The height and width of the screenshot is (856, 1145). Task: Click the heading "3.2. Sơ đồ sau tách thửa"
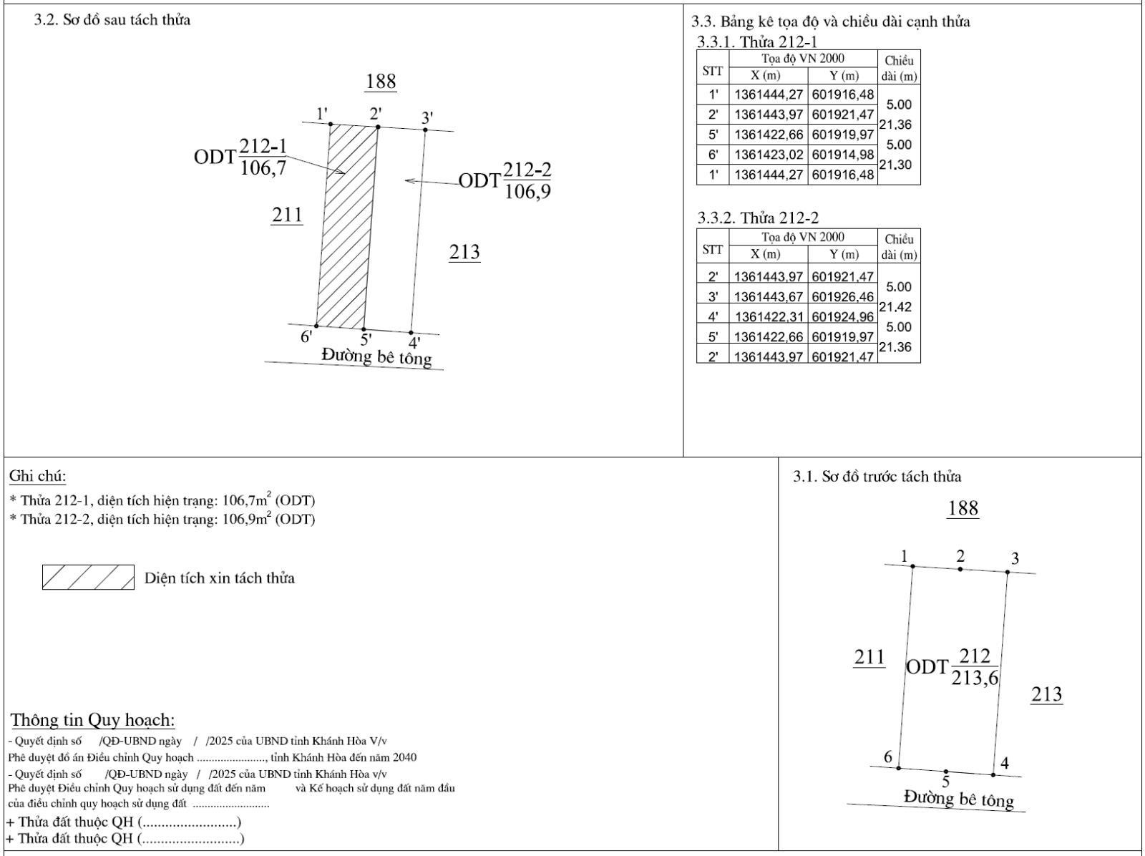(112, 20)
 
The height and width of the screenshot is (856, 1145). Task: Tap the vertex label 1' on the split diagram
(322, 113)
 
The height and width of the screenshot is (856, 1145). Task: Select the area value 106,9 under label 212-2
(527, 192)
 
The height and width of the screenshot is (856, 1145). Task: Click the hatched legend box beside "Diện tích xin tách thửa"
(88, 577)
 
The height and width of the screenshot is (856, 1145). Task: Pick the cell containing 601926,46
(842, 296)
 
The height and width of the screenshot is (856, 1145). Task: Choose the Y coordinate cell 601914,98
(842, 155)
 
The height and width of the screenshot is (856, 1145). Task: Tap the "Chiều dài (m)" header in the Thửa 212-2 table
(899, 247)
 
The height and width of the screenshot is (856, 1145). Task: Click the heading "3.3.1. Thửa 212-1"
(757, 42)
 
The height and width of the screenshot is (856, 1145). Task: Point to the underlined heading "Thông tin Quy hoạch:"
(93, 720)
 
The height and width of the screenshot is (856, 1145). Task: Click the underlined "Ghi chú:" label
(37, 476)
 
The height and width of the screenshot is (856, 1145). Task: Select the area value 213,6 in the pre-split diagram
(975, 678)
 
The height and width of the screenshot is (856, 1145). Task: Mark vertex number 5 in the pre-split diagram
(945, 782)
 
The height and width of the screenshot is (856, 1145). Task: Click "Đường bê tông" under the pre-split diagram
(959, 798)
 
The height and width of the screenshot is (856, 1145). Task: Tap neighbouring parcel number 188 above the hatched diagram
(381, 82)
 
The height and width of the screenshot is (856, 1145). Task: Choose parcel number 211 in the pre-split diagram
(869, 657)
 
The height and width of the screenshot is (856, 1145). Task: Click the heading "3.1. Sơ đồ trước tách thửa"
(877, 477)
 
